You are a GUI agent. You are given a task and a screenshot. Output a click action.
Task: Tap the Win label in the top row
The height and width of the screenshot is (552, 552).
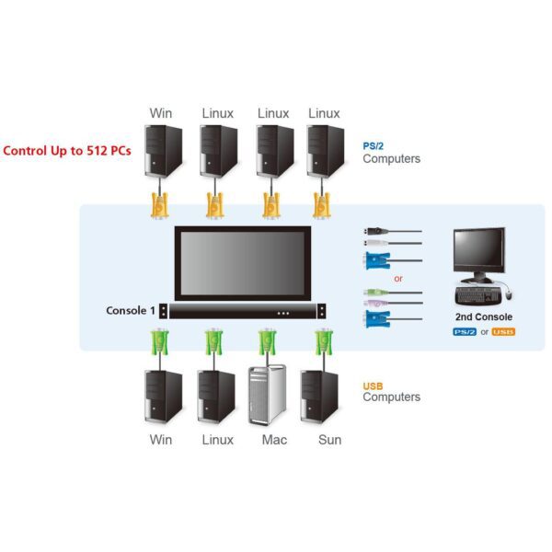[x=161, y=113]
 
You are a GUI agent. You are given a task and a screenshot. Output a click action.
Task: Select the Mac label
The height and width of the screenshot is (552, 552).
[x=274, y=439]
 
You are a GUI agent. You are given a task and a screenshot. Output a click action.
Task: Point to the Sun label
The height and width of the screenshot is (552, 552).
[x=329, y=439]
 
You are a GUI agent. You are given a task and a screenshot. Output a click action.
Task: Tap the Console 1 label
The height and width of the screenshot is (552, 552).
[x=131, y=310]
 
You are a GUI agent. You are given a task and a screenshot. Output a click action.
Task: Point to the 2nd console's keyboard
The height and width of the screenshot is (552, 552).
[x=478, y=294]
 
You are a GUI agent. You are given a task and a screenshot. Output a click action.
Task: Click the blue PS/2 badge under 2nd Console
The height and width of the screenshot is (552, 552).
[x=466, y=331]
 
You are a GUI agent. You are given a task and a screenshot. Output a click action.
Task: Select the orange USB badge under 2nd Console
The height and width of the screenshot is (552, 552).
[x=503, y=331]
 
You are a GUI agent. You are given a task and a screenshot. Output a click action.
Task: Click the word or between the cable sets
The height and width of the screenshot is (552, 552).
[x=398, y=279]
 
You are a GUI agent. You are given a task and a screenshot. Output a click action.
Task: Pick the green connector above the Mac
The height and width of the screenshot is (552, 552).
[x=268, y=342]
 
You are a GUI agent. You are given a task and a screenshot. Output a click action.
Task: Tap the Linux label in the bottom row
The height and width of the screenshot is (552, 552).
[x=218, y=439]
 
